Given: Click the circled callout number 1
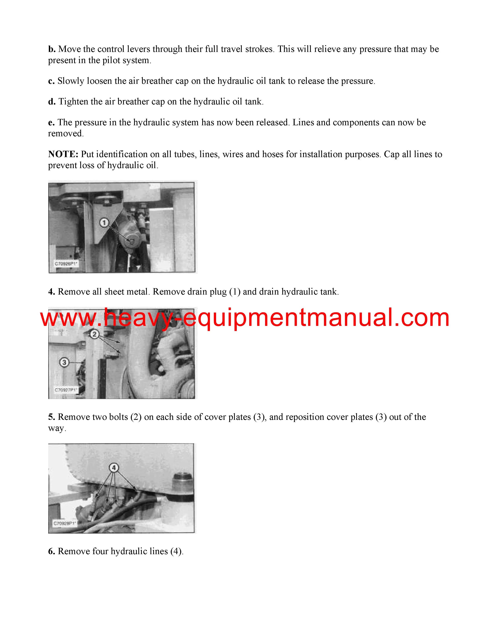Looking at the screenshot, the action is [x=104, y=223].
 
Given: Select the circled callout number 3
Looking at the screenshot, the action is [x=64, y=363].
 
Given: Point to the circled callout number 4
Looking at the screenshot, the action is [x=114, y=468].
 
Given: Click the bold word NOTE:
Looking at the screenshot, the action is [x=63, y=154].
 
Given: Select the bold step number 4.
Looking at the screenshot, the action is [x=52, y=292].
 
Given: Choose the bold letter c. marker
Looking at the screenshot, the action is [x=51, y=81].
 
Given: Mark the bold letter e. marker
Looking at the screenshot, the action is [x=51, y=123].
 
